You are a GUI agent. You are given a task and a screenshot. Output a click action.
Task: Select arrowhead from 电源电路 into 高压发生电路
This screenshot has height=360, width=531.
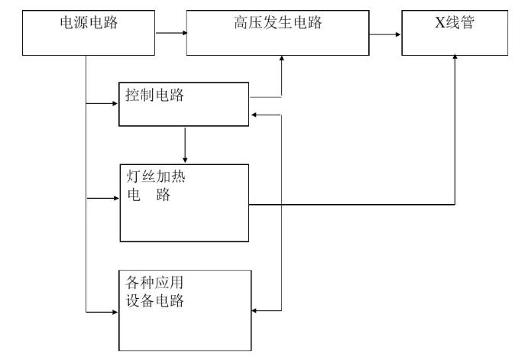pos(183,33)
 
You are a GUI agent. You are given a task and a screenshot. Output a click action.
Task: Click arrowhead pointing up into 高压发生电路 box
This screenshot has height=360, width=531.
pos(282,60)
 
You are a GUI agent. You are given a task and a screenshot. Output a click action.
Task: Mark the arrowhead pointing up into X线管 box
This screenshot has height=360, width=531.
pos(456,60)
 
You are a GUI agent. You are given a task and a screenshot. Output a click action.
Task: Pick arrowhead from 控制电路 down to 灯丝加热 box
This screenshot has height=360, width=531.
pos(184,158)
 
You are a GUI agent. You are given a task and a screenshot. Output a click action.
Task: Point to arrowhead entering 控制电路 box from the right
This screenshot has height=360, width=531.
pos(254,115)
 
